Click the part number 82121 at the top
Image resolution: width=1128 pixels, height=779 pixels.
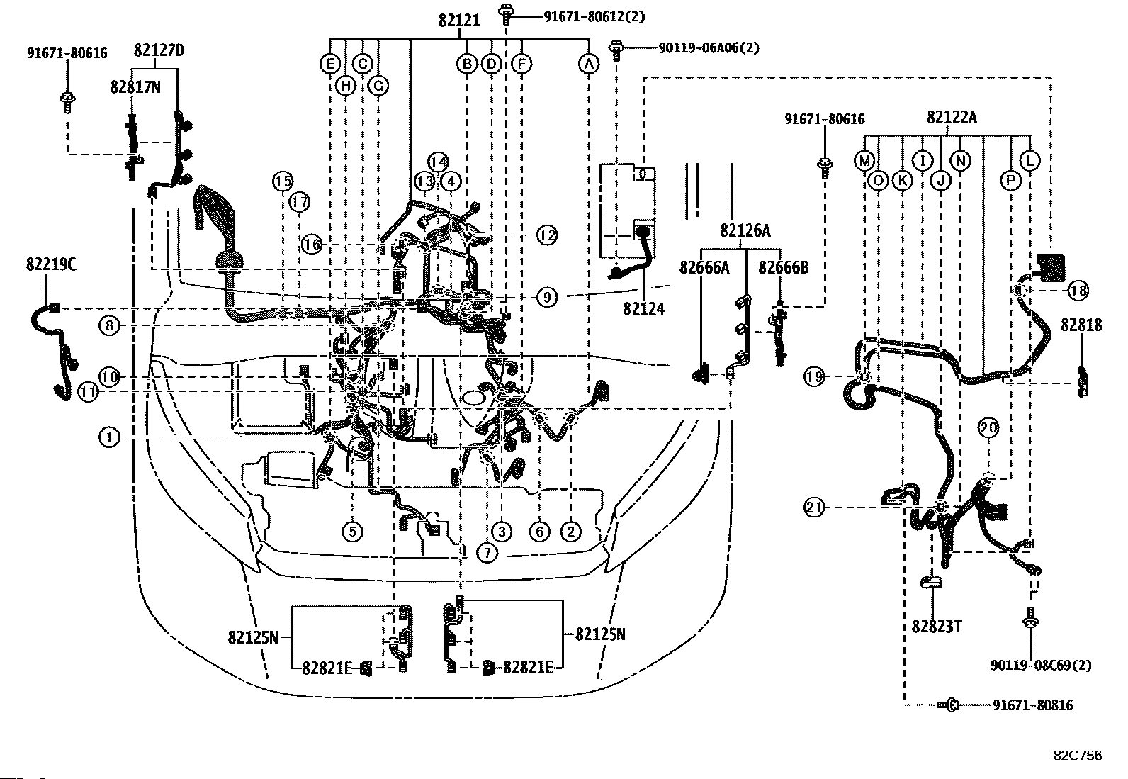coord(459,21)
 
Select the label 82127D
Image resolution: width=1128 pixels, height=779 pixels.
coord(159,50)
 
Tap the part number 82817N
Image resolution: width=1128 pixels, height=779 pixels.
coord(135,86)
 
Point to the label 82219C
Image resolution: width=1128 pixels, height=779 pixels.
coord(51,265)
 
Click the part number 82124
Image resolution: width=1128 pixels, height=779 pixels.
coord(643,308)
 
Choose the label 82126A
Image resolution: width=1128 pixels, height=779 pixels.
coord(745,230)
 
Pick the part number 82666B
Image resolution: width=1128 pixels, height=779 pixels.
coord(783,267)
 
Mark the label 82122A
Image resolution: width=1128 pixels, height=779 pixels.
coord(951,118)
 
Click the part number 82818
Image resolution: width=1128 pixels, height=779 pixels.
coord(1081,325)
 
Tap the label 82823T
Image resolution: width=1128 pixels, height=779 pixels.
coord(937,627)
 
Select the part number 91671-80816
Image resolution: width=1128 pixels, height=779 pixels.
coord(1032,705)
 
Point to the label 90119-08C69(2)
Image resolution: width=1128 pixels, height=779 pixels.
coord(1042,666)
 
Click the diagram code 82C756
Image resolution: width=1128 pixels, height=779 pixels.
coord(1077,756)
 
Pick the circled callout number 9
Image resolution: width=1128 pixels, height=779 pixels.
coord(547,296)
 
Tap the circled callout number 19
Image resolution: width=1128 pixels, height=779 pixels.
coord(814,377)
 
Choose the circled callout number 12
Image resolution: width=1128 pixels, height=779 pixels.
coord(547,235)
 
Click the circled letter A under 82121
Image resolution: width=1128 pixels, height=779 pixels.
coord(588,65)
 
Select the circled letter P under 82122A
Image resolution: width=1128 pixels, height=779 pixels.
coord(1011,181)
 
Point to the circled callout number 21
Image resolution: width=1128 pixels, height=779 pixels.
coord(814,508)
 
